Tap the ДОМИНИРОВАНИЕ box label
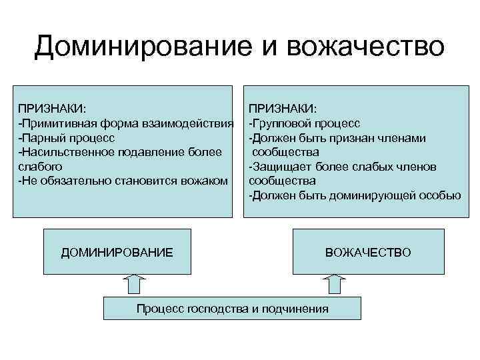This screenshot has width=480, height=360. [117, 253]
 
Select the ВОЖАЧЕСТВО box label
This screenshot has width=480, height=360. [368, 253]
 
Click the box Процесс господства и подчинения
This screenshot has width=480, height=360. [232, 309]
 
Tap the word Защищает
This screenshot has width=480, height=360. [281, 166]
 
